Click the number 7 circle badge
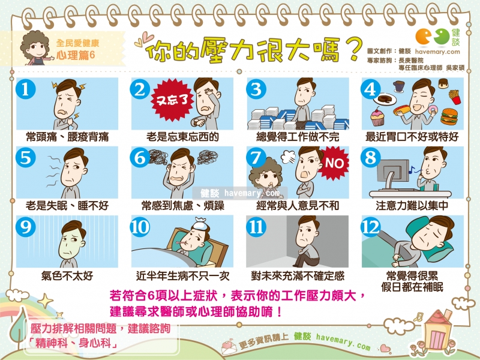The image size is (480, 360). pyautogui.click(x=256, y=158)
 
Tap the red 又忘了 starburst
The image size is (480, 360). pyautogui.click(x=172, y=100)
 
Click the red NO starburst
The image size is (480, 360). pyautogui.click(x=334, y=163)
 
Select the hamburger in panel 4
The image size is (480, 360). pyautogui.click(x=449, y=116)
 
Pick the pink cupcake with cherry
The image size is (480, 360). pyautogui.click(x=377, y=117)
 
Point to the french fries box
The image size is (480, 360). pyautogui.click(x=455, y=97)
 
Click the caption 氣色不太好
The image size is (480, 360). pyautogui.click(x=67, y=276)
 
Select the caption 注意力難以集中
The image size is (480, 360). pyautogui.click(x=412, y=206)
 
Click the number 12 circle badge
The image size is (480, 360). pyautogui.click(x=371, y=227)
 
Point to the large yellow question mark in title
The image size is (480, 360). pyautogui.click(x=353, y=50)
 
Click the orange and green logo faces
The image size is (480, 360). pyautogui.click(x=432, y=37)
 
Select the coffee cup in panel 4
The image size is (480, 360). pyautogui.click(x=398, y=86)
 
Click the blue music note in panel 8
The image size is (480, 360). pyautogui.click(x=412, y=170)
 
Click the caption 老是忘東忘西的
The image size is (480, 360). pyautogui.click(x=182, y=137)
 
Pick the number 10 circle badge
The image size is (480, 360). pyautogui.click(x=140, y=227)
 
